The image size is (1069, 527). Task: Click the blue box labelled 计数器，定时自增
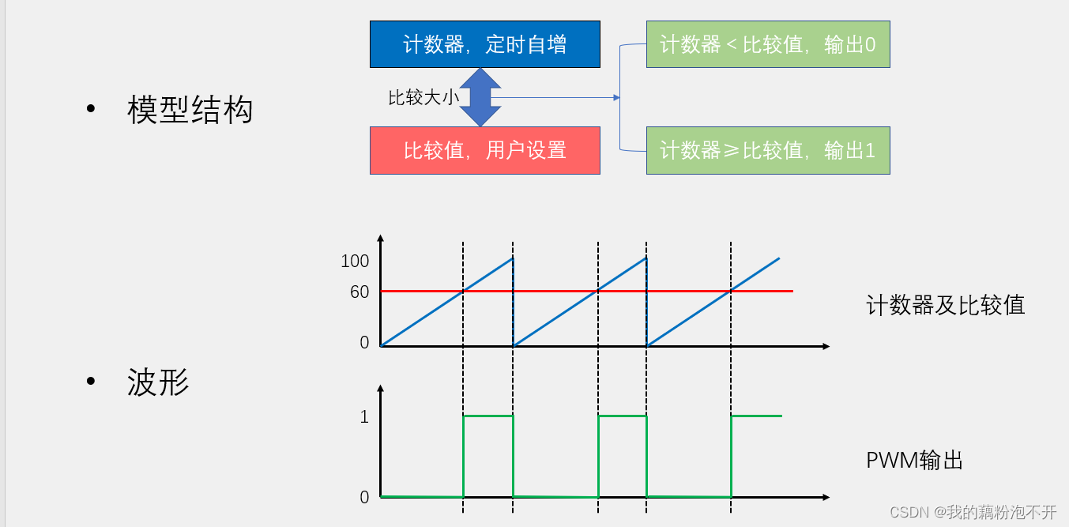pos(484,44)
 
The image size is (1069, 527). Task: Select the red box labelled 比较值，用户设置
pos(484,150)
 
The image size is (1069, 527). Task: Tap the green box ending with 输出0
pos(768,44)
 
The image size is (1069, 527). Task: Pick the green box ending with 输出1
pos(768,150)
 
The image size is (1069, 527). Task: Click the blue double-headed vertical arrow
pos(480,97)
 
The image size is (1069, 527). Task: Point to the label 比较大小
pos(423,98)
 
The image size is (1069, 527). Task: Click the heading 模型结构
pos(190,110)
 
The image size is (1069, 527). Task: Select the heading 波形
pos(158,382)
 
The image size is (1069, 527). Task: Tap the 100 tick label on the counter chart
pos(355,261)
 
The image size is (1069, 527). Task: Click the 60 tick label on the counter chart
pos(359,292)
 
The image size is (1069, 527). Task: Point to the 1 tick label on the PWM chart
pos(364,416)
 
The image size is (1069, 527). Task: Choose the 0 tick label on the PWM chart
pos(364,497)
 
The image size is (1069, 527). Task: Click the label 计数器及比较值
pos(946,305)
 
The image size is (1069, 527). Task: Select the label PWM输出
pos(915,461)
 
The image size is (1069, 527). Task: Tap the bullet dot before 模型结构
pos(91,109)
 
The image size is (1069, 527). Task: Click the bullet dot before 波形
pos(91,382)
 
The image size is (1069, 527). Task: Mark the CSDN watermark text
pos(973,512)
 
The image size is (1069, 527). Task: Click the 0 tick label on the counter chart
pos(364,343)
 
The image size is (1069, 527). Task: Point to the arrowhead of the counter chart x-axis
pos(825,346)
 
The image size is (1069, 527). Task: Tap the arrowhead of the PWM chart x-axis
pos(825,497)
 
